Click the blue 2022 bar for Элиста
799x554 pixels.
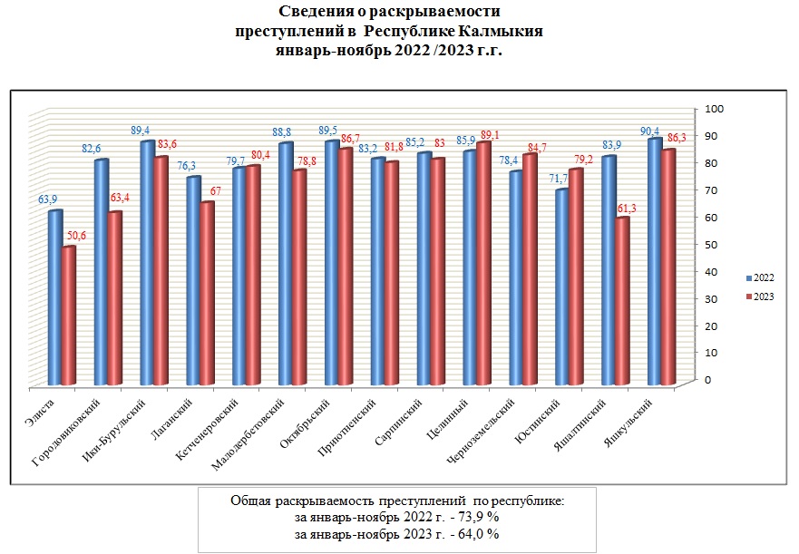coord(55,299)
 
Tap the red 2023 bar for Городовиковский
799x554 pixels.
coord(114,299)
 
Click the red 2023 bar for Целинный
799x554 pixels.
coord(482,263)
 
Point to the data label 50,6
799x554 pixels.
coord(75,236)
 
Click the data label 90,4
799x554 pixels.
coord(648,131)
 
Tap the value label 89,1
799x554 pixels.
coord(489,135)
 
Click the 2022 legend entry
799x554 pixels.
coord(758,277)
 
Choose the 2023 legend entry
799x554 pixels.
coord(758,296)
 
